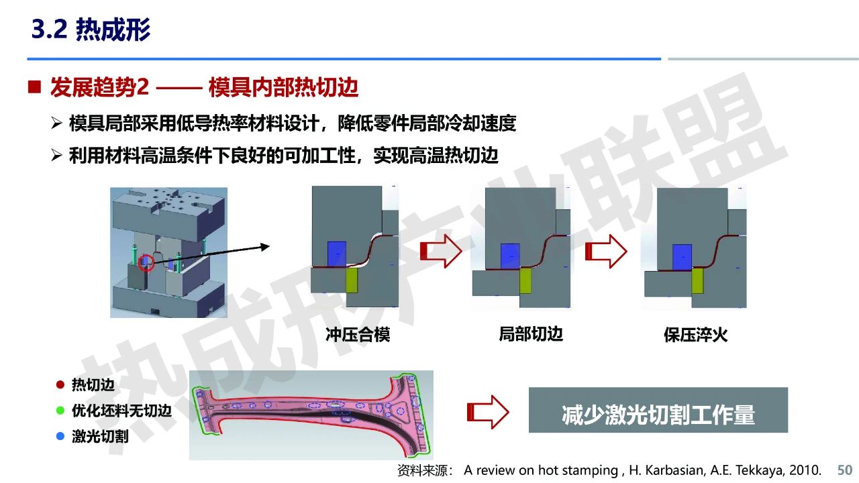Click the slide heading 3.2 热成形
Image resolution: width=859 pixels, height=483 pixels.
pos(91,30)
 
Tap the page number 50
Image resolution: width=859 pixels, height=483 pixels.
pos(844,470)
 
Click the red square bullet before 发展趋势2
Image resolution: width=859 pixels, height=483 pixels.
pos(34,87)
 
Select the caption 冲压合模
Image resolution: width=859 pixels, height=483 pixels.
pos(358,335)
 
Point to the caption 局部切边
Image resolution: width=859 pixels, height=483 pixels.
pos(531,334)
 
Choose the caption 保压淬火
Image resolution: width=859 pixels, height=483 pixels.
pos(696,335)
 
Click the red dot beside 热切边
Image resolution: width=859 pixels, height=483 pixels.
pos(60,384)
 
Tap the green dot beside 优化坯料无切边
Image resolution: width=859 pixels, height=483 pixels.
pos(60,411)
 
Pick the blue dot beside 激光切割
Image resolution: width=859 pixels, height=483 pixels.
pos(60,436)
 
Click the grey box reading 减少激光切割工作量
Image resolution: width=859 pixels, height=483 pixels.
pos(658,410)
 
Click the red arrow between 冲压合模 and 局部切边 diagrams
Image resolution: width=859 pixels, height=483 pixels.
pos(441,251)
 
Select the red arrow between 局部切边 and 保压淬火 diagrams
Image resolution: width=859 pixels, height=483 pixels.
pos(606,251)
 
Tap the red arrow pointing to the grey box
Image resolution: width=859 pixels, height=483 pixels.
pos(488,412)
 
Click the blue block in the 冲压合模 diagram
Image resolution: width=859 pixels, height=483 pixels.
pos(337,254)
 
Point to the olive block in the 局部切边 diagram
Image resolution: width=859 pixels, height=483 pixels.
pos(525,280)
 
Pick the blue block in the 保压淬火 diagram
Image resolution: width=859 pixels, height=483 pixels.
pos(683,257)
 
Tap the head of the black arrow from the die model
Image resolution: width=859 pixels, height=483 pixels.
pos(265,247)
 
